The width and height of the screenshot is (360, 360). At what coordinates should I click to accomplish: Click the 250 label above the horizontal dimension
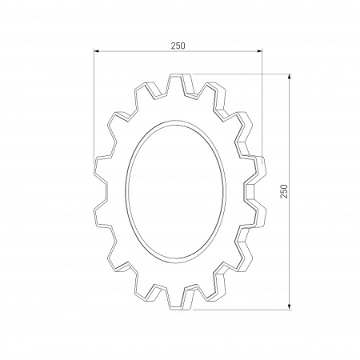[x=178, y=46]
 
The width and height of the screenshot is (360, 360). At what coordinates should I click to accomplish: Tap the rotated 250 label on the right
[x=284, y=191]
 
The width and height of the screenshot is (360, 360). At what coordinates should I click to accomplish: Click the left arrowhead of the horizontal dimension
[x=97, y=50]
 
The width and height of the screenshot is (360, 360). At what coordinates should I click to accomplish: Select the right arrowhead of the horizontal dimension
[x=259, y=50]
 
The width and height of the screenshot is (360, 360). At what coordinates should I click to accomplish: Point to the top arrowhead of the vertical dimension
[x=290, y=77]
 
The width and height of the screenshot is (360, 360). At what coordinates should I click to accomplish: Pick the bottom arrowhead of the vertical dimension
[x=290, y=306]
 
